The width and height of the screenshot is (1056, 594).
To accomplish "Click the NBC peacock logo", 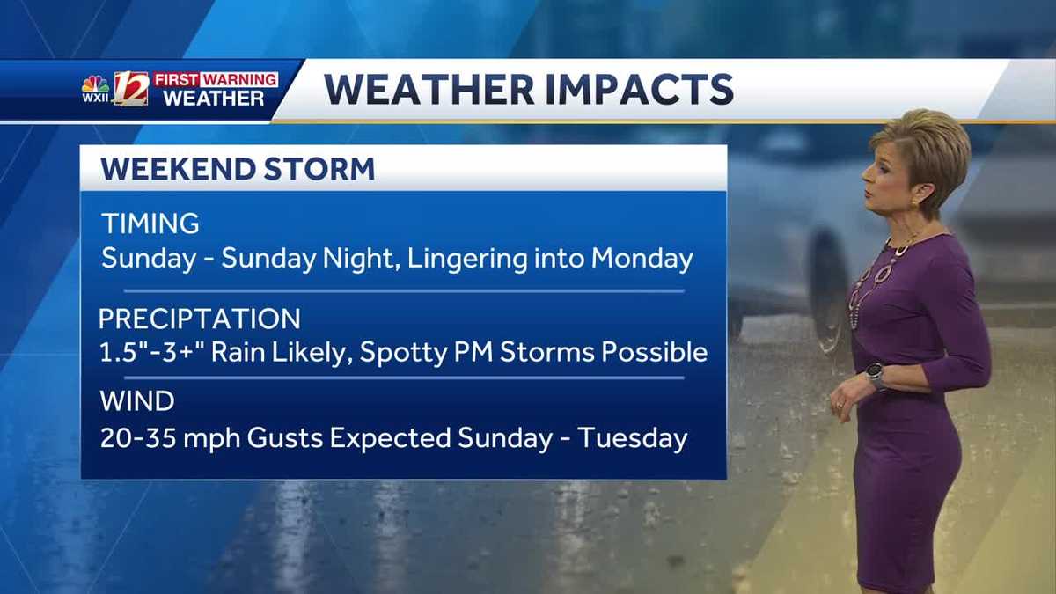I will tap(95, 84).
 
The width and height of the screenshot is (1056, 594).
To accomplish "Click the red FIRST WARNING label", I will tap(216, 79).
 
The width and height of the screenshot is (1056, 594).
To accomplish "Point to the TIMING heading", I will tap(150, 223).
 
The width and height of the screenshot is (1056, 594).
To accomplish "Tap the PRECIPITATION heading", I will tap(199, 318).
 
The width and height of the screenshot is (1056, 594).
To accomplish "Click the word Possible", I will tap(655, 353).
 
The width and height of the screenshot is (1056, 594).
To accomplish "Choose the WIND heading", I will tap(136, 401).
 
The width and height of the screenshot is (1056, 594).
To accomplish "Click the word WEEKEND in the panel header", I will tap(177, 168).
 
